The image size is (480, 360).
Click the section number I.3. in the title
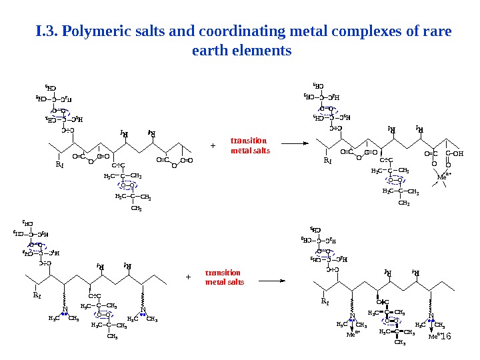(x=48, y=31)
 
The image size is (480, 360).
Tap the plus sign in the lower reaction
(x=188, y=276)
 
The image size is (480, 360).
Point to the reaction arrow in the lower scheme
(x=271, y=281)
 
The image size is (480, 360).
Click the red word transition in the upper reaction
(x=249, y=141)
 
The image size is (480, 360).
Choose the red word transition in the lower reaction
(x=223, y=273)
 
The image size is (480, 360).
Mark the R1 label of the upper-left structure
(x=59, y=161)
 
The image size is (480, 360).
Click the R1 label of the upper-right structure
(x=327, y=161)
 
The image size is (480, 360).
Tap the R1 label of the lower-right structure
(x=325, y=301)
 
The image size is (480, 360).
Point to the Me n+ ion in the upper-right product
(x=443, y=177)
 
